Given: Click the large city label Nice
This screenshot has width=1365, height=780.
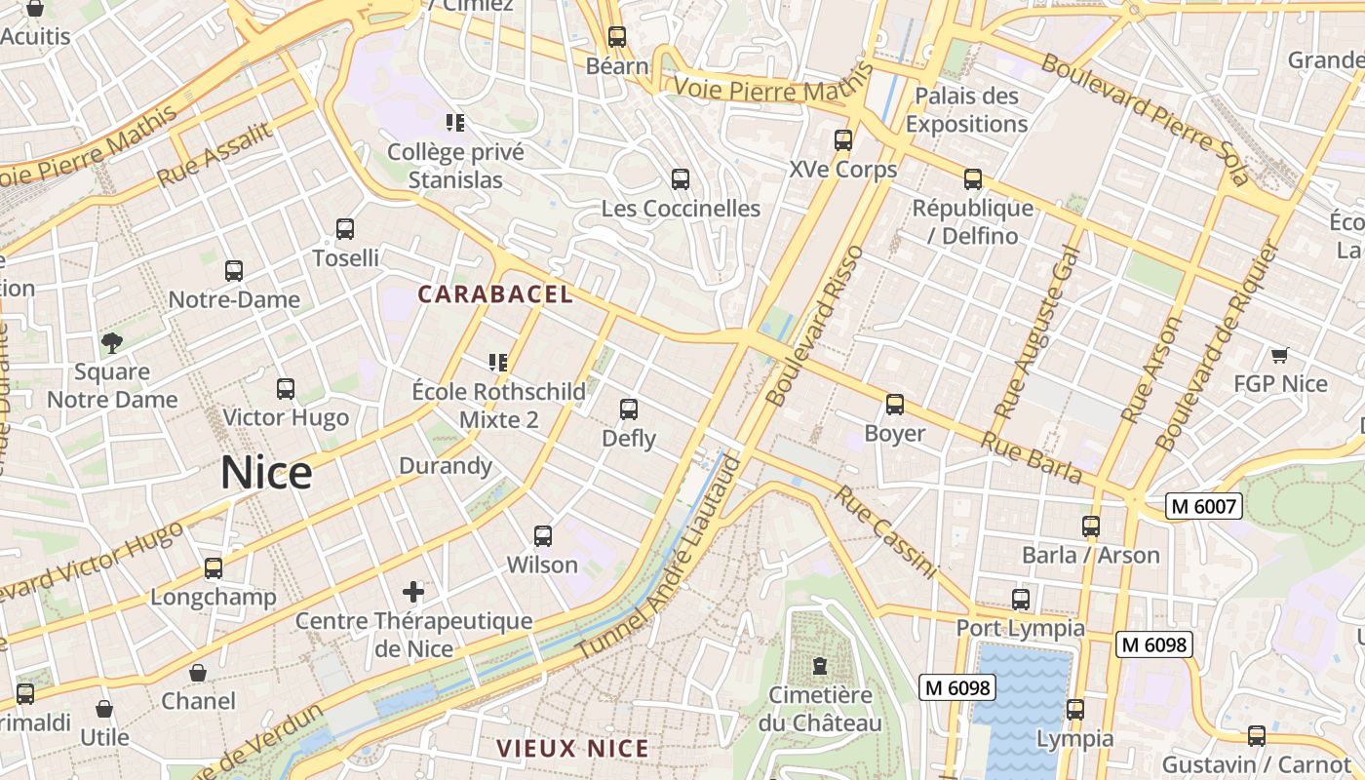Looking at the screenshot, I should click(266, 473).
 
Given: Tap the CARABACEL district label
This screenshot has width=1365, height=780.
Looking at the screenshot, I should click(495, 293).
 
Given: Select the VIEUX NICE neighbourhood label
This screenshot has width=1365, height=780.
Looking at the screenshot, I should click(572, 749).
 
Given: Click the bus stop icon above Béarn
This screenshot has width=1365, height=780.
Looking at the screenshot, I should click(617, 37).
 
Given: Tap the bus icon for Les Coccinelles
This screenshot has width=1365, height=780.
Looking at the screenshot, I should click(681, 179).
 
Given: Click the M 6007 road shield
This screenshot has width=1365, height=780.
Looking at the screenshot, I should click(1204, 506).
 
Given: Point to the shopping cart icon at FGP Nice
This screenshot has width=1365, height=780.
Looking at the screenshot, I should click(1279, 355).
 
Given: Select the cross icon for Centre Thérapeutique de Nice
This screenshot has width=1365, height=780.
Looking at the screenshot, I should click(413, 591).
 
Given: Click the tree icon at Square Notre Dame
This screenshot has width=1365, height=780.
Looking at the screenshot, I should click(112, 342).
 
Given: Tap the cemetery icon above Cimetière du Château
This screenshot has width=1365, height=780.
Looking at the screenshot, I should click(820, 666).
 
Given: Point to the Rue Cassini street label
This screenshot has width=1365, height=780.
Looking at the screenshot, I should click(884, 531).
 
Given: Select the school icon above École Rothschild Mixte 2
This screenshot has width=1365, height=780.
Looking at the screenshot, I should click(498, 363).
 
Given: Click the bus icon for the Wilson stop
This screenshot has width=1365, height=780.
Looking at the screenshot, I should click(543, 535).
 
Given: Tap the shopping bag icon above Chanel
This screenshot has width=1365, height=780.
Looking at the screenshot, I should click(198, 673).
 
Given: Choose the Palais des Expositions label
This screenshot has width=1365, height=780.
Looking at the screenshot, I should click(966, 110).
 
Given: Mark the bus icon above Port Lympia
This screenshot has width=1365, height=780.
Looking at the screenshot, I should click(1021, 599).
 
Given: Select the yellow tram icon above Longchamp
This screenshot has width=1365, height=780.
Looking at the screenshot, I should click(214, 567).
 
